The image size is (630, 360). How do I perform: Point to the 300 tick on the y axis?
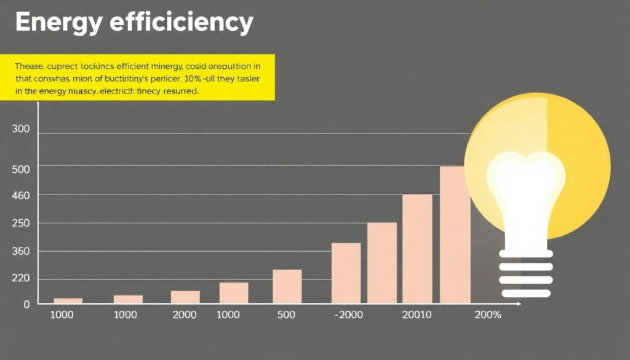[x=21, y=130]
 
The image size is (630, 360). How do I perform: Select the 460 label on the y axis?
[x=21, y=195]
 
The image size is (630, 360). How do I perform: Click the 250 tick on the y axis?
[x=21, y=223]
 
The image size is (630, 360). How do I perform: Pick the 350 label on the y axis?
[x=21, y=251]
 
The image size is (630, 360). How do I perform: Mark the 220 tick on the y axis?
[x=21, y=279]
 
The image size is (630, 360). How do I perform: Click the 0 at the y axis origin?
[x=26, y=304]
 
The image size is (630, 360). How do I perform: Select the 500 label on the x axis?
[x=286, y=315]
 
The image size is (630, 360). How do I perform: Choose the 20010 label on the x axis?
[x=417, y=315]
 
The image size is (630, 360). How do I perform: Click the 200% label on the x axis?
[x=488, y=315]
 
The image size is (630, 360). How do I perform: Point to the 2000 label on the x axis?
[x=184, y=315]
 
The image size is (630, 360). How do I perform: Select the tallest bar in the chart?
[x=455, y=234]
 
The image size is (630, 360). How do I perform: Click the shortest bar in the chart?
[x=68, y=301]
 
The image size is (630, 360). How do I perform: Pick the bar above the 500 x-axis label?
[x=287, y=286]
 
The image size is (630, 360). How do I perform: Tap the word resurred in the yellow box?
[x=181, y=91]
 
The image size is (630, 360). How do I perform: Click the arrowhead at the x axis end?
[x=518, y=304]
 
